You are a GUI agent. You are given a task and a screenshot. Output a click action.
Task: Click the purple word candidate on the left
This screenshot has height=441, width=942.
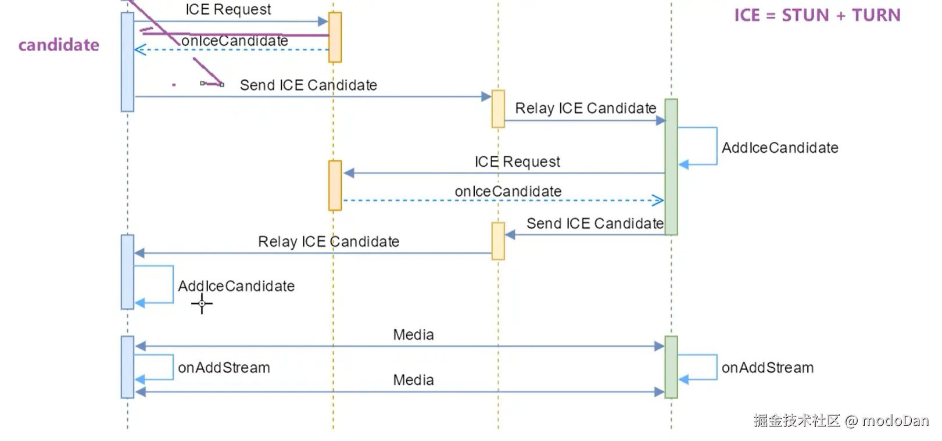(x=59, y=45)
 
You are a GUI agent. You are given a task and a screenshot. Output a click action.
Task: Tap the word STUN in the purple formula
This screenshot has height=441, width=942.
(x=805, y=15)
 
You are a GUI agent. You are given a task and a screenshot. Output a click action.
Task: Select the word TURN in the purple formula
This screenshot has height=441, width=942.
(x=876, y=15)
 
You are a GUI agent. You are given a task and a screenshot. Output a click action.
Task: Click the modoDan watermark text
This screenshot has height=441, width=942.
(x=895, y=420)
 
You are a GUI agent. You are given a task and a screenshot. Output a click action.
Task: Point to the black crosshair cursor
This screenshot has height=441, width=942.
(x=202, y=303)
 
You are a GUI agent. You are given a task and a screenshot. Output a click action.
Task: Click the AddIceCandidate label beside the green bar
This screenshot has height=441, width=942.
(x=779, y=148)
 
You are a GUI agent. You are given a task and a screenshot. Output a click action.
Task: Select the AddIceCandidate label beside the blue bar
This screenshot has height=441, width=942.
(x=236, y=286)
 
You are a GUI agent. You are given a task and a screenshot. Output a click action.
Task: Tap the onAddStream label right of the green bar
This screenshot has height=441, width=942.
(x=767, y=368)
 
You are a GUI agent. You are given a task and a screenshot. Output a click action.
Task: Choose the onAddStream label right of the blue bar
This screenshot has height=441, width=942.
(x=224, y=368)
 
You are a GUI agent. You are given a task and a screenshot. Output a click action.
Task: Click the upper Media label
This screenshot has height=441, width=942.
(x=413, y=335)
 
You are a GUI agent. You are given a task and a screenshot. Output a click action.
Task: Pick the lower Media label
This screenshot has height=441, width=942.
(x=413, y=380)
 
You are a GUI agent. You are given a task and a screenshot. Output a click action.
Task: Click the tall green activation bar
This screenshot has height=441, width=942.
(x=671, y=167)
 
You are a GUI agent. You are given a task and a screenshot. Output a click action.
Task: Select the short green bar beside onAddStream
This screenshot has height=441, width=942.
(x=671, y=367)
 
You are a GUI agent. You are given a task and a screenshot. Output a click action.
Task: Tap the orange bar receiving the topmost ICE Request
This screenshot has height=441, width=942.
(x=335, y=37)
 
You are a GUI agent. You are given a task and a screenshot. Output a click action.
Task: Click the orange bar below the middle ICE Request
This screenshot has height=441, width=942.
(x=335, y=185)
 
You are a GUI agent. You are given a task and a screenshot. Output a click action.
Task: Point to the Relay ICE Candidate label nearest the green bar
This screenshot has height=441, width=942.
(x=585, y=109)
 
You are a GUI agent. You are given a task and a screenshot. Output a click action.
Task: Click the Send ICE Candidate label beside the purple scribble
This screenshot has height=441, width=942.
(x=308, y=85)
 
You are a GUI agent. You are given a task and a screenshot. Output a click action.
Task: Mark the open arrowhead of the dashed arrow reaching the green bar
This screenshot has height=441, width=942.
(x=658, y=200)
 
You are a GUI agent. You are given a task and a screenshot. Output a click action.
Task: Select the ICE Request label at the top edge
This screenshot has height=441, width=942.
(x=228, y=9)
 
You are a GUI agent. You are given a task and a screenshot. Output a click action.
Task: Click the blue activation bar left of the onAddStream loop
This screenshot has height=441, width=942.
(x=127, y=367)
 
